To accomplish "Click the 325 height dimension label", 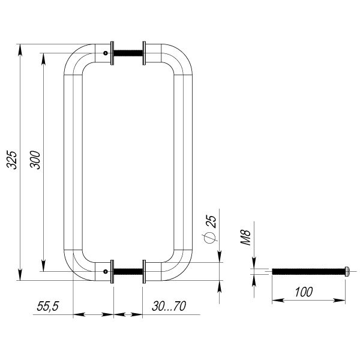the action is coord(11,160).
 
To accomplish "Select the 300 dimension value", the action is coord(35,160).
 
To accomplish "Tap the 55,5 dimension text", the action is coord(48,306).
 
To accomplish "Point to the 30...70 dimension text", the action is coord(169,306).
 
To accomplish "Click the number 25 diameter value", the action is coord(211,221).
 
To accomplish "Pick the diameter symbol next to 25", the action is coord(209,238).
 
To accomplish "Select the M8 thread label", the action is coord(245,238).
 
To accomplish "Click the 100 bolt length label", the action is coord(304,292).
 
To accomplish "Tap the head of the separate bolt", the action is coord(347,271).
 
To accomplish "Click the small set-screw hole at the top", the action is coord(106,53).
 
